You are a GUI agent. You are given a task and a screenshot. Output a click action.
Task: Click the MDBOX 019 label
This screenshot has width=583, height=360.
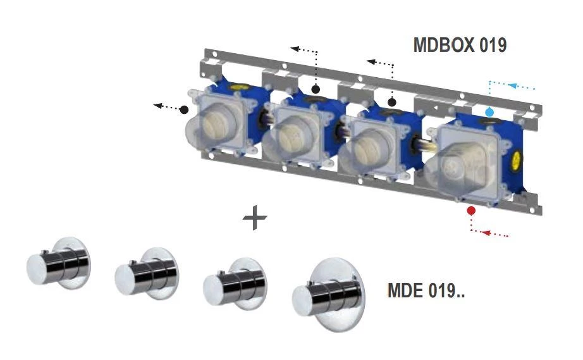[x=459, y=46]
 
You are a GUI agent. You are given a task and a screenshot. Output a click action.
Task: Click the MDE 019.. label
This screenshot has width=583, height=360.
[x=426, y=292]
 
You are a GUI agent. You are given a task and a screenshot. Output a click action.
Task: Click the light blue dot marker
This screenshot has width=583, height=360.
[x=489, y=112]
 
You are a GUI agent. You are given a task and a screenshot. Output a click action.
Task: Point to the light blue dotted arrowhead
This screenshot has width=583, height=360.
[x=513, y=85]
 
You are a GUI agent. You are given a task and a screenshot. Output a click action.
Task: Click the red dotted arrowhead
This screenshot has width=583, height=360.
[x=485, y=233]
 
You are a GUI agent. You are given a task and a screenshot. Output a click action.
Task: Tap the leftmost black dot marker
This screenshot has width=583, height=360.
[x=184, y=109]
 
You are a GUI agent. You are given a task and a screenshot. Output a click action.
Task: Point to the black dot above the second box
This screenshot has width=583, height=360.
[x=316, y=89]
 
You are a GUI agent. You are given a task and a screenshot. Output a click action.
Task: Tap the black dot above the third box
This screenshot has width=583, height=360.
[x=392, y=101]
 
